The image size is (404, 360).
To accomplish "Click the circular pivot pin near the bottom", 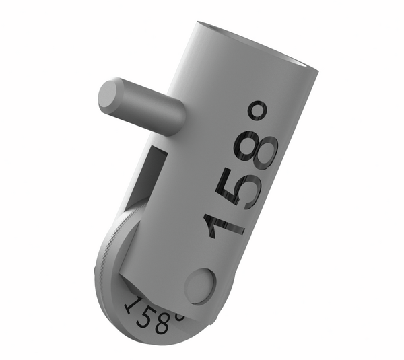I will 200,285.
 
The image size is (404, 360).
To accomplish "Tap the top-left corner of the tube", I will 198,25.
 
